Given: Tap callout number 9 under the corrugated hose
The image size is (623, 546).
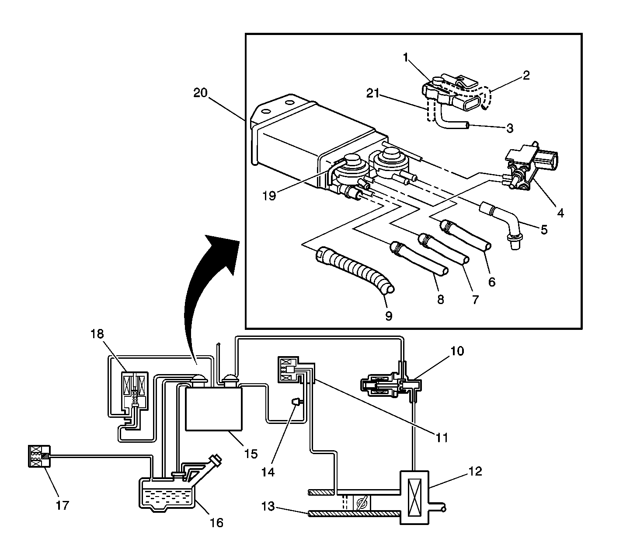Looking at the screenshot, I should click(389, 315).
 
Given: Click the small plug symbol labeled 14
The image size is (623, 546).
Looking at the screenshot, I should click(296, 402).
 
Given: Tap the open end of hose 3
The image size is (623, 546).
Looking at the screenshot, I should click(467, 126).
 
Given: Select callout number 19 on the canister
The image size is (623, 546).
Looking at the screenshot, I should click(270, 195).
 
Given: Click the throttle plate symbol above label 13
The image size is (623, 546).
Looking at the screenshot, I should click(362, 503).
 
